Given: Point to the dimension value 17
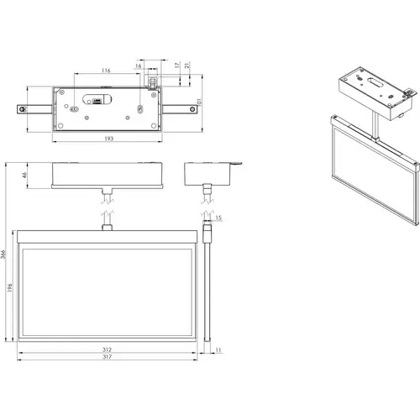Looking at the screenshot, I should pos(175,66).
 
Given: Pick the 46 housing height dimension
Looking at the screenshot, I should pos(26,175).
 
